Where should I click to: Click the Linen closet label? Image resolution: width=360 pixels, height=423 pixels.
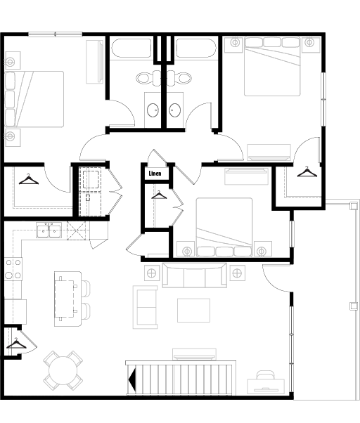coord(155,174)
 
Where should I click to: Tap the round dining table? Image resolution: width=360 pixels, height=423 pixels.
coord(63,371)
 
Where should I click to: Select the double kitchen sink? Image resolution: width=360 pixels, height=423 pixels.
coord(49,230)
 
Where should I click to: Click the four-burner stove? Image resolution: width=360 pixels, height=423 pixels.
coord(13,269)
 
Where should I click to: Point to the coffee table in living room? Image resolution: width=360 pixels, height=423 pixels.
coord(193,311)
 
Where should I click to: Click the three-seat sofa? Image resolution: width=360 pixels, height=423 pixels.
coord(194,275)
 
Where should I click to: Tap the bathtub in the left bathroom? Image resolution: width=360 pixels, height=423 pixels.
coord(131,48)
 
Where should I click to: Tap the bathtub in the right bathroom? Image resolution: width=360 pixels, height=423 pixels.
coord(196,48)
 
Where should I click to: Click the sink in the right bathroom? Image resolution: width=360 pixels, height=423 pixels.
coord(174,110)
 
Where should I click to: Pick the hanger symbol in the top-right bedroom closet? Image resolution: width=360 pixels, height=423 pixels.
coord(307,171)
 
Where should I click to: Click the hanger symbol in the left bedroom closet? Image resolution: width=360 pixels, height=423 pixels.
coord(29,179)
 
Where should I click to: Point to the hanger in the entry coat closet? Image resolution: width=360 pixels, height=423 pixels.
coord(16,343)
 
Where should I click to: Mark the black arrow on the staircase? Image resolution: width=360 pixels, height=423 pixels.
coord(132,379)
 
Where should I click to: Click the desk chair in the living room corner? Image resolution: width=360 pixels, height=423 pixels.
coord(266,375)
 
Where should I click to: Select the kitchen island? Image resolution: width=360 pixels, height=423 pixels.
coord(67,299)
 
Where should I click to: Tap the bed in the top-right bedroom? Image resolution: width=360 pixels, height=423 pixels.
coord(272,66)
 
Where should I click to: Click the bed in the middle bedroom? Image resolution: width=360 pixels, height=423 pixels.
coord(224,227)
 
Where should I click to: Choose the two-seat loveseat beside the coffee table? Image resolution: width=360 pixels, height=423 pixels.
coord(145,307)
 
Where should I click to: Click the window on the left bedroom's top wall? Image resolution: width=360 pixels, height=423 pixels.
coord(56,34)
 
